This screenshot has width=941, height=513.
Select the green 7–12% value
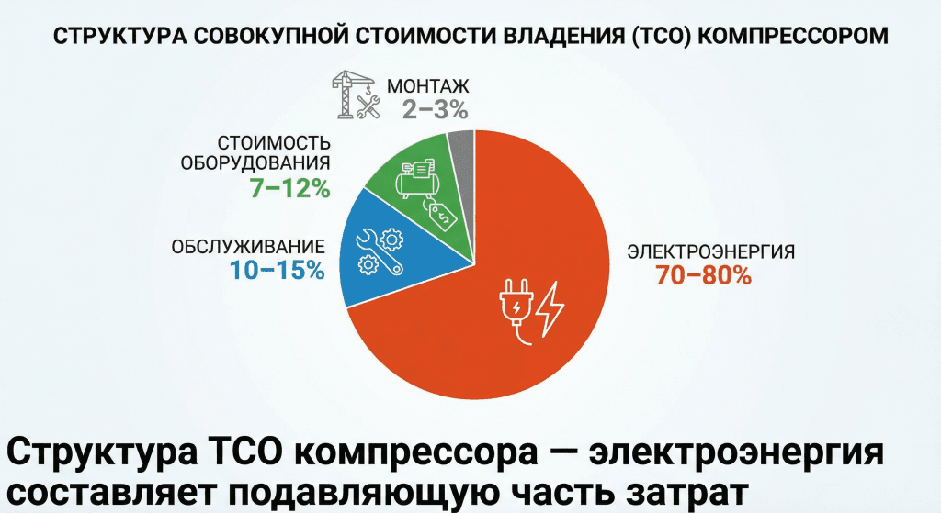289,188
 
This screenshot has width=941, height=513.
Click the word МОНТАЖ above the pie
428,87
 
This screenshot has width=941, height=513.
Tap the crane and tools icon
355,95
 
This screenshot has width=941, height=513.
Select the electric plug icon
515,307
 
